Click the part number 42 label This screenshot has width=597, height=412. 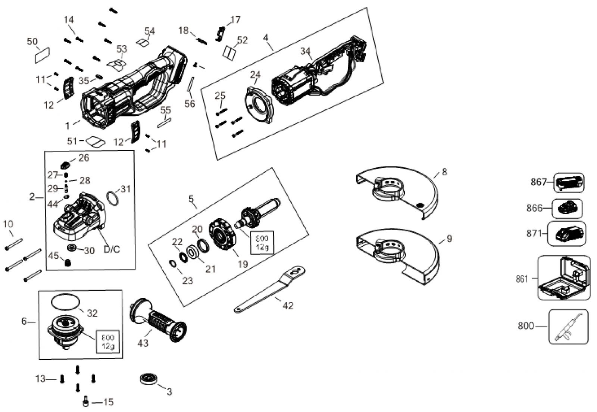tap(288, 306)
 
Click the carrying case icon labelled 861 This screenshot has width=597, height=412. tap(564, 278)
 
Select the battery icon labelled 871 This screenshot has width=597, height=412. tap(566, 234)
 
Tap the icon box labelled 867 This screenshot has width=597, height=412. tap(569, 182)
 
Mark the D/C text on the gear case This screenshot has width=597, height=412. tap(112, 249)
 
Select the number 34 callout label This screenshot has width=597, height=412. tap(305, 51)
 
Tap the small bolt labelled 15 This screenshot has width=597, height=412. tap(85, 402)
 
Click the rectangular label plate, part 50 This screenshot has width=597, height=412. tap(42, 55)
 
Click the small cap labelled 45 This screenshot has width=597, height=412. tap(68, 263)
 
